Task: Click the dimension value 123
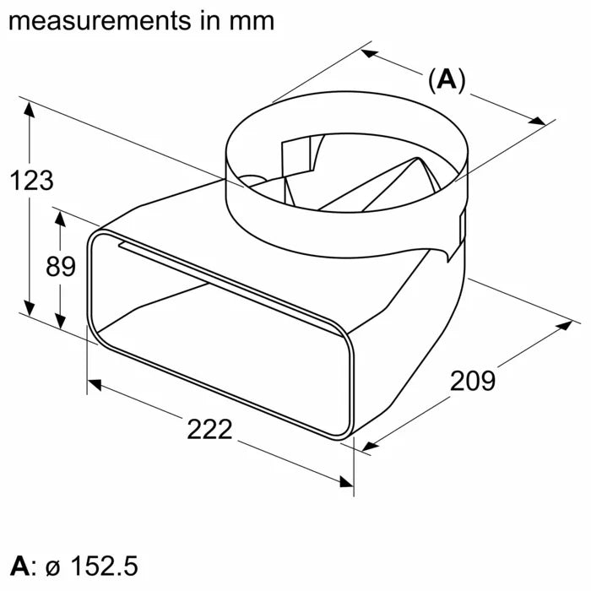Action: coord(30,180)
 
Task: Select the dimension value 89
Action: coord(60,267)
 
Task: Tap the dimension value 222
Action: coord(209,429)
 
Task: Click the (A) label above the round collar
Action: coord(447,80)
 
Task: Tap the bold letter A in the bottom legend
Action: coord(19,565)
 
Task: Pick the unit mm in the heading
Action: coord(250,20)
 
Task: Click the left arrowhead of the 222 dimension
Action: coord(95,385)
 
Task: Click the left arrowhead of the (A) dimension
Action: coord(370,53)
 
